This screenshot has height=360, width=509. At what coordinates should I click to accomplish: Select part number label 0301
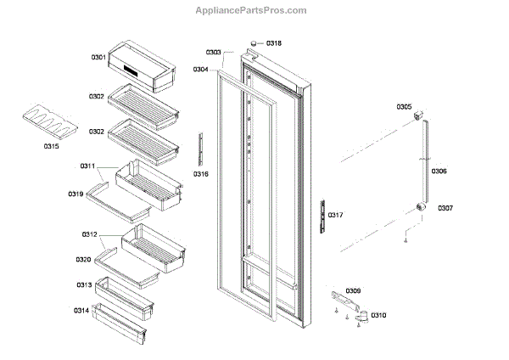coord(98,58)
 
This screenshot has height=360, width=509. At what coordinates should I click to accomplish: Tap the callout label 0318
coord(274,43)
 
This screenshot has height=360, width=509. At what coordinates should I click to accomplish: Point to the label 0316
coord(201,174)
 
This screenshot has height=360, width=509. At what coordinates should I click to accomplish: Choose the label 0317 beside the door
coord(336,215)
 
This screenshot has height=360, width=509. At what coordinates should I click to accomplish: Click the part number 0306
coord(439,172)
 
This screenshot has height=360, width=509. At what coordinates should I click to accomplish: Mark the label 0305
coord(404,107)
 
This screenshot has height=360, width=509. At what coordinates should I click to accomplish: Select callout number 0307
coord(445,208)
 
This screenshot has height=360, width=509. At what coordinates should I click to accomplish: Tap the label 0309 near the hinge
coord(353,291)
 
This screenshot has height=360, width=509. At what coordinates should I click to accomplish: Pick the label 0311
coord(87,166)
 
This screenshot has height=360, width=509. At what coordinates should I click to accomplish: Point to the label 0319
coord(76,194)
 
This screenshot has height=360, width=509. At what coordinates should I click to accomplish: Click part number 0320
coord(83,259)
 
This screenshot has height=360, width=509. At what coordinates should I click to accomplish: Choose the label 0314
coord(81,311)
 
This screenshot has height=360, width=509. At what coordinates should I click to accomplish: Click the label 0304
coord(201,69)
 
